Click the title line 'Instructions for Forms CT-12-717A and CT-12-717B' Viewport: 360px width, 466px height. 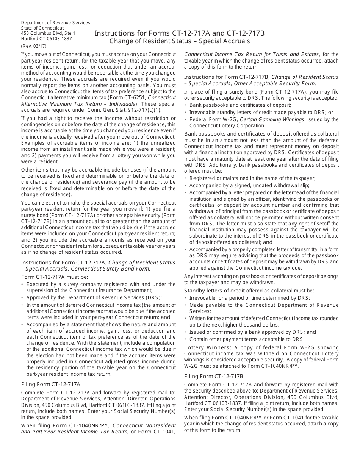pos(180,33)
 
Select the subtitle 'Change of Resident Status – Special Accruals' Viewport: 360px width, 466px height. pos(180,41)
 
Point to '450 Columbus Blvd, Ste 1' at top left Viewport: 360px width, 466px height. pos(48,33)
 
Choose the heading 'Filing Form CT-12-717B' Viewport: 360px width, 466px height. pos(214,376)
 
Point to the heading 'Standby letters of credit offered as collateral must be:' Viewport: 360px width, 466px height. pos(249,291)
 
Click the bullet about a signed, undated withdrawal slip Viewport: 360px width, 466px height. pos(249,185)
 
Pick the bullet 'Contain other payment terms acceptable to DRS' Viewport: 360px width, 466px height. pos(247,339)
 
